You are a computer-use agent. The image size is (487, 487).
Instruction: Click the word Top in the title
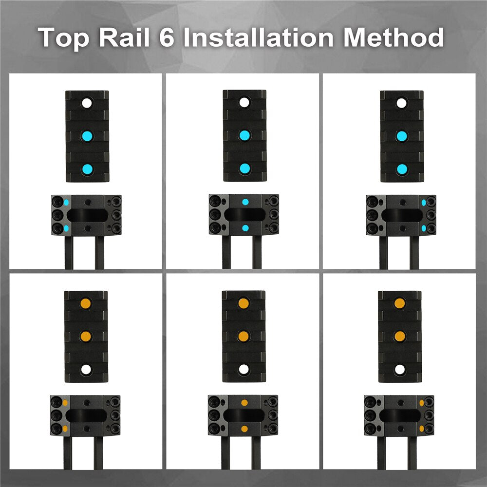pos(64,38)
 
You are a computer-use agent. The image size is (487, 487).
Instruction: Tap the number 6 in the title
pos(167,37)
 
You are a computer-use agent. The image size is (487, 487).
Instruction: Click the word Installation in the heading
pos(258,37)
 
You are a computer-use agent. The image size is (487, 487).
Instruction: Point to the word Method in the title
pos(393,37)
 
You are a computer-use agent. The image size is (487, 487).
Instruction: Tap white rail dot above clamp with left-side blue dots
pos(87,103)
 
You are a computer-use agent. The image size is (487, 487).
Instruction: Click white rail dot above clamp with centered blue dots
pos(244,102)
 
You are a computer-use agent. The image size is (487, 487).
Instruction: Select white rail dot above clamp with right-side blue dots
pos(402,103)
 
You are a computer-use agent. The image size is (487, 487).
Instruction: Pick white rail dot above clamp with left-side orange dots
pos(86,370)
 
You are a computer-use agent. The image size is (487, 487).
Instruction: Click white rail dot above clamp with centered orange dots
pos(244,369)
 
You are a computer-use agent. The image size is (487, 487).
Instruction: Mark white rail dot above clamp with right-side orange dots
pos(400,370)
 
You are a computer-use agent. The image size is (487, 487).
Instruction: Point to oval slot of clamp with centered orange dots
pos(244,415)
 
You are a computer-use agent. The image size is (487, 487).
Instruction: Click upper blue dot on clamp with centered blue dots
pos(245,202)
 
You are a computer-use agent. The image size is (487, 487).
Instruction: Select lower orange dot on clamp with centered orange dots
pos(244,429)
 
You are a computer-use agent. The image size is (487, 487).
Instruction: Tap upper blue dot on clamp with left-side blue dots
pos(66,203)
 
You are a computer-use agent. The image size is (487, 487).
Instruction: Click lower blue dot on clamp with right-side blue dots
pos(424,228)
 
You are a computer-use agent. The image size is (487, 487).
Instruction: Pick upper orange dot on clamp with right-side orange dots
pos(421,403)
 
